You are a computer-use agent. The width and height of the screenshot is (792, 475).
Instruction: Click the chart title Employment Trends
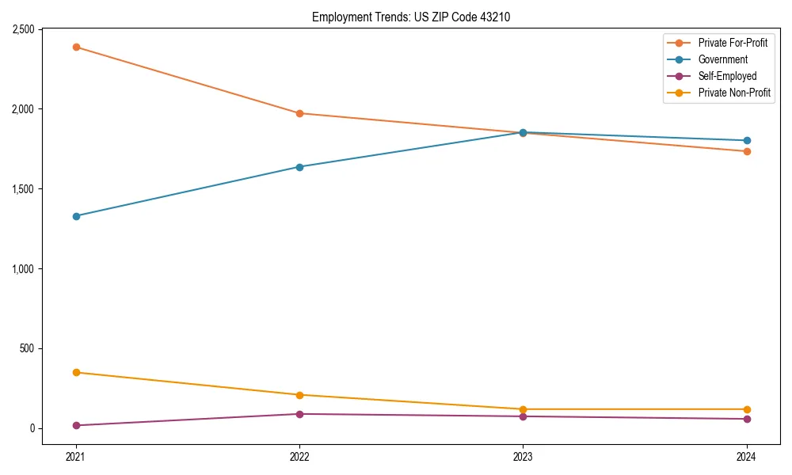tap(417, 17)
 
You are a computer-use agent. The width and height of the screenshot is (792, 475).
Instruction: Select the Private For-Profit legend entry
tap(733, 43)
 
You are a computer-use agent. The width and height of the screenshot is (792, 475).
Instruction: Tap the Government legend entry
tap(722, 59)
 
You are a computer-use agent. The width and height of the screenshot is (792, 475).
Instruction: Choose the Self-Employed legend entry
tap(727, 76)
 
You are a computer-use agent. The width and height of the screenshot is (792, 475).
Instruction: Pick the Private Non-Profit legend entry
tap(734, 93)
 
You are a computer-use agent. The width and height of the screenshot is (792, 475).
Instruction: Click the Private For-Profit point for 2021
tap(76, 47)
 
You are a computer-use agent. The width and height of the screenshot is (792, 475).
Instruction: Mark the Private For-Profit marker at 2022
tap(299, 113)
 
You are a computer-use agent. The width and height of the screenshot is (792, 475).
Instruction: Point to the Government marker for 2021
tap(76, 216)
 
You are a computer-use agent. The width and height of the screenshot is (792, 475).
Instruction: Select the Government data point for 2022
tap(299, 167)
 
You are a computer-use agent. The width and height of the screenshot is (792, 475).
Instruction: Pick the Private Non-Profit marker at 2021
tap(76, 372)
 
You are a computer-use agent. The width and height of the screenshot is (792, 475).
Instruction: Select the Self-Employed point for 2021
tap(76, 425)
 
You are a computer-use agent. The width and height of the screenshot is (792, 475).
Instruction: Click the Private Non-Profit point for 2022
tap(299, 395)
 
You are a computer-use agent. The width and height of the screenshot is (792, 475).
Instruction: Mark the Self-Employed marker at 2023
tap(523, 416)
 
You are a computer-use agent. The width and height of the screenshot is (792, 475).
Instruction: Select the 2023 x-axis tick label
tap(523, 457)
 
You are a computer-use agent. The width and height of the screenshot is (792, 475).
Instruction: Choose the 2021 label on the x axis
tap(76, 457)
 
